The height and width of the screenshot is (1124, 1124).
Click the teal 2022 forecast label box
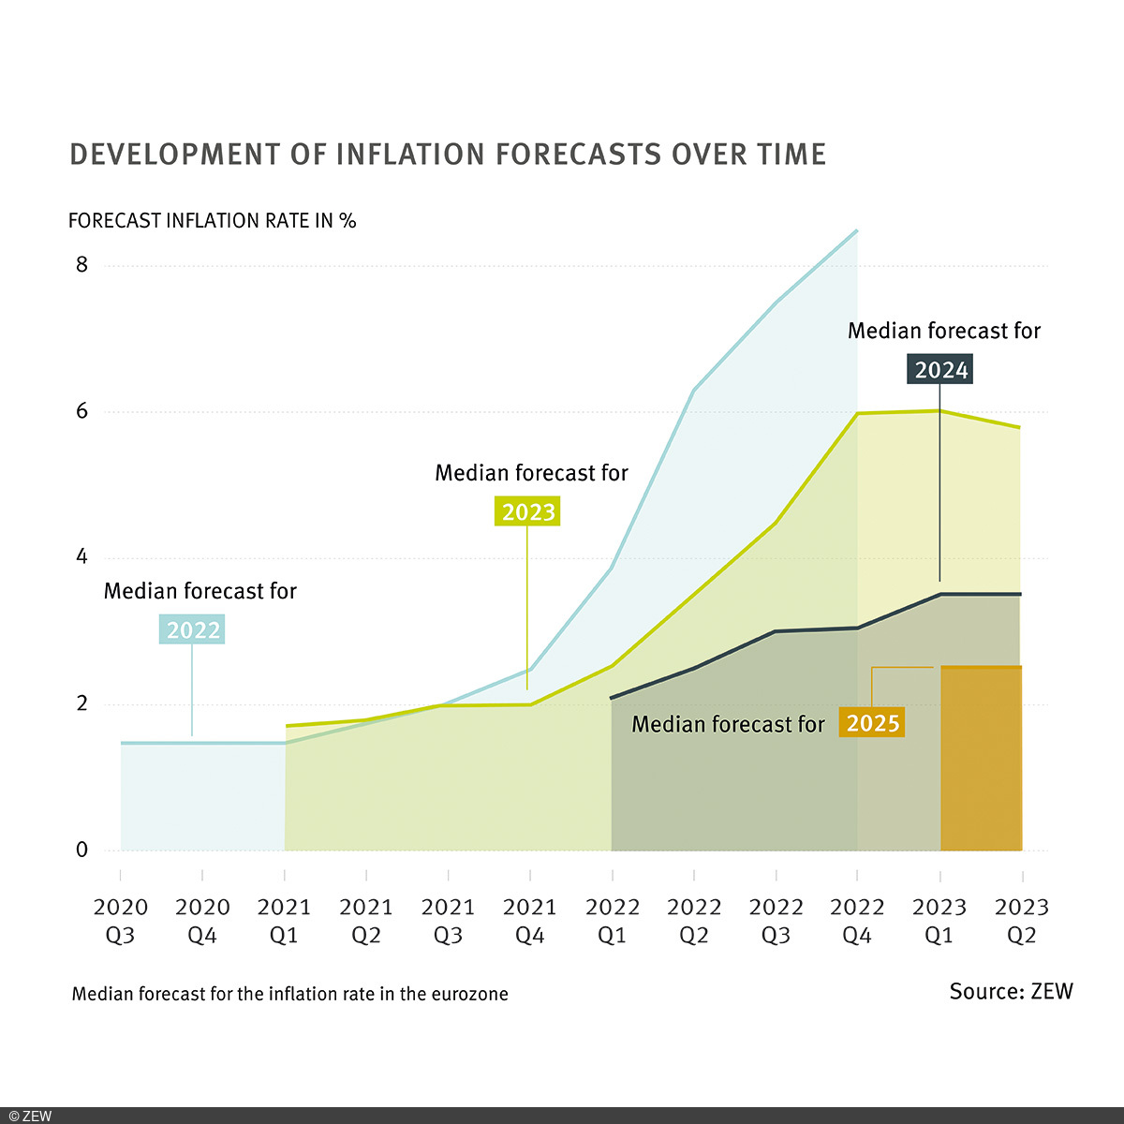pos(193,630)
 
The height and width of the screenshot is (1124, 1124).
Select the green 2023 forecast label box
pos(528,512)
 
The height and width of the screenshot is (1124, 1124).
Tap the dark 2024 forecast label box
pos(940,370)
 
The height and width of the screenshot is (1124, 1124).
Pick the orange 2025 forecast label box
pos(873,724)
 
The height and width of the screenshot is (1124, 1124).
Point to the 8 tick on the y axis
pos(82,265)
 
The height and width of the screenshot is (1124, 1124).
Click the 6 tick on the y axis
pos(82,411)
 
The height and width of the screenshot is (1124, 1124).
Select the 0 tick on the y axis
pos(82,850)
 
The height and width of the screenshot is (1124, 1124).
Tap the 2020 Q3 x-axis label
pos(121,921)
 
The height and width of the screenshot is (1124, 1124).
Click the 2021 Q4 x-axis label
pos(530,921)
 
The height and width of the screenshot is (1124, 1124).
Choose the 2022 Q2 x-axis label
pos(694,921)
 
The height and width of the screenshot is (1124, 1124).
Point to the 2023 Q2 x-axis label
pos(1021,921)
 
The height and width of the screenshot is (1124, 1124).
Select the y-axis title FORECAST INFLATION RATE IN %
pos(213,221)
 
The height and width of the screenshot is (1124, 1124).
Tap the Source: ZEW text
pos(1011,992)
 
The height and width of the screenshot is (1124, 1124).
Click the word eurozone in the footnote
pos(469,994)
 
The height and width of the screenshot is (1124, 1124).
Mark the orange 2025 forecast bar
pos(981,759)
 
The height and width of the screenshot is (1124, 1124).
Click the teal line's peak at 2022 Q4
pos(857,230)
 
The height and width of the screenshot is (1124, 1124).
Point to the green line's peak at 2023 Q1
pos(939,411)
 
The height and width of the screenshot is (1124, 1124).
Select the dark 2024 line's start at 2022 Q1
pos(612,698)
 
